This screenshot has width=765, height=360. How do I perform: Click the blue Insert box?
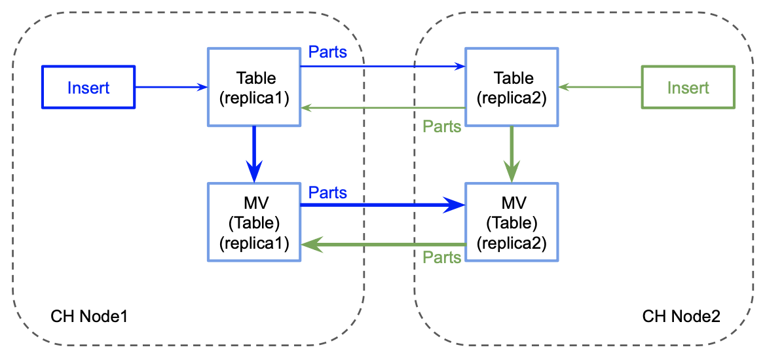88,87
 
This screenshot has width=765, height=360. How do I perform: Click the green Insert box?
688,87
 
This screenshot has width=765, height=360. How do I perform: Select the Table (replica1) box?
254,87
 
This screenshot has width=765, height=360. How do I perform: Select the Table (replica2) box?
512,87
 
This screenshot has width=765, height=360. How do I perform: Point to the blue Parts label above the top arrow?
327,52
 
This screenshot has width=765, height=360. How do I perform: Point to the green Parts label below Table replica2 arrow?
442,126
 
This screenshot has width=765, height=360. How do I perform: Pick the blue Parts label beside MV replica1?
327,192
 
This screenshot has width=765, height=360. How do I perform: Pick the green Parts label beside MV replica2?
442,257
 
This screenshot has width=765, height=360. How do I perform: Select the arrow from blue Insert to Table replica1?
170,86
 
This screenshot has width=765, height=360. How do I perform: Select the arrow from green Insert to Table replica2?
599,86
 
